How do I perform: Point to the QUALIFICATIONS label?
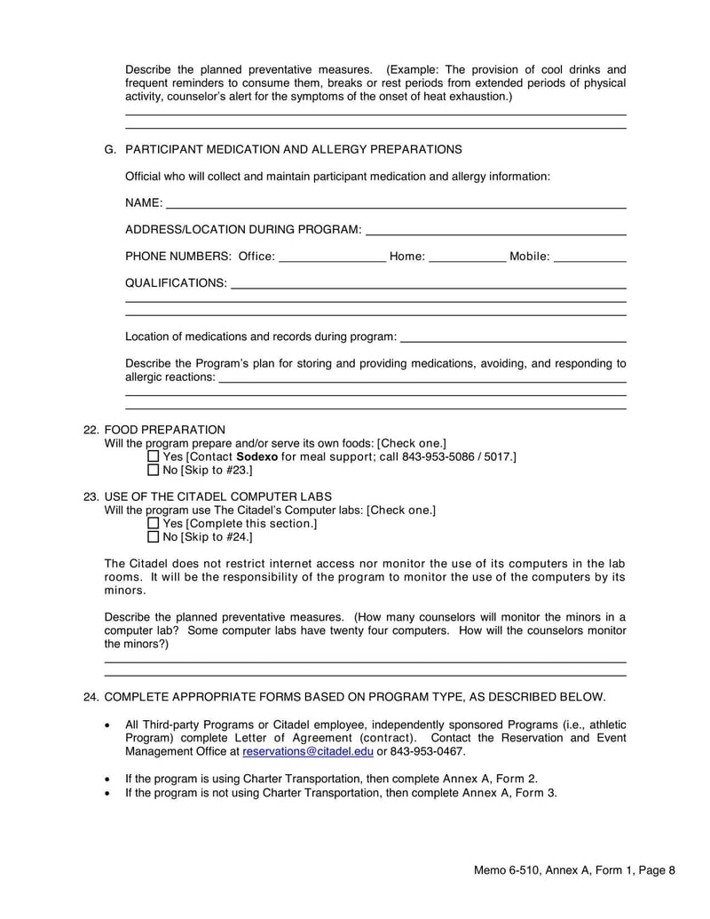pyautogui.click(x=175, y=283)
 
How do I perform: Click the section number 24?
pyautogui.click(x=90, y=697)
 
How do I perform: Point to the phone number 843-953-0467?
pyautogui.click(x=428, y=751)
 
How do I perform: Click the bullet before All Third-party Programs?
pyautogui.click(x=108, y=725)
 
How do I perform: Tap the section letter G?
pyautogui.click(x=110, y=149)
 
